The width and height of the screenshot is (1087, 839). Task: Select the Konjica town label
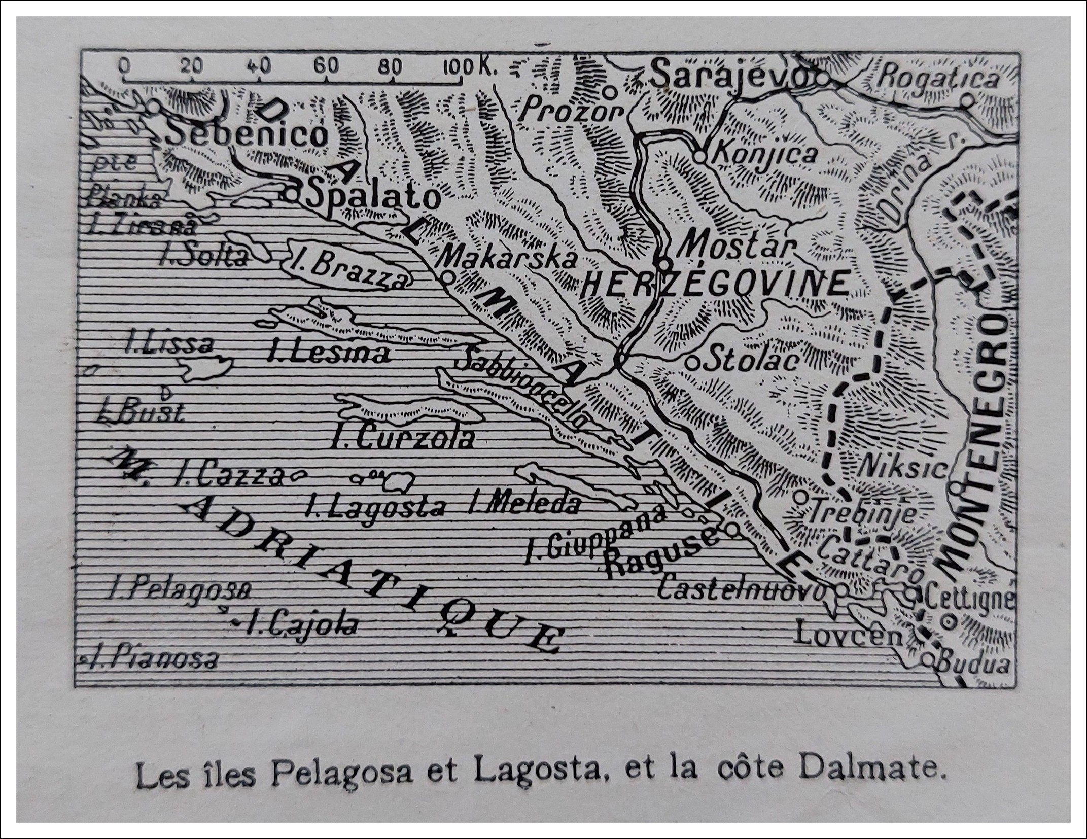(x=764, y=154)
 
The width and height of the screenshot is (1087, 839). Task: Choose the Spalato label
(x=373, y=198)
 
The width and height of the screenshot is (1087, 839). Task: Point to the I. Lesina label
(x=330, y=354)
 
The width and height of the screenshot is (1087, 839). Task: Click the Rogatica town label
(x=938, y=79)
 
